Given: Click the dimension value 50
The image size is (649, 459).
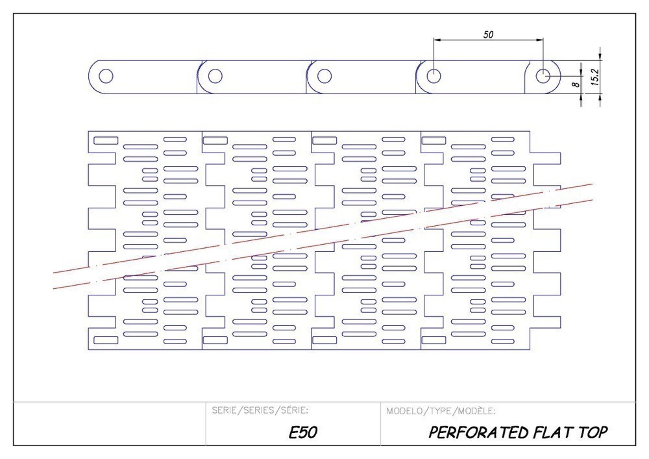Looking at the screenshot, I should [x=488, y=34].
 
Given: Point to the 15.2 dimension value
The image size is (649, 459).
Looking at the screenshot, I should [x=595, y=77].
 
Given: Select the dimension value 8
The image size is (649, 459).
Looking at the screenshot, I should [x=576, y=84].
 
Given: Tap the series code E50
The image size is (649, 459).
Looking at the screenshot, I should [x=303, y=433].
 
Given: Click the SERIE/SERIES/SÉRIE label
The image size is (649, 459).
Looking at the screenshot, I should [x=260, y=410].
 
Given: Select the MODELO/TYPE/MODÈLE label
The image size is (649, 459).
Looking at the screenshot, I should [x=441, y=410].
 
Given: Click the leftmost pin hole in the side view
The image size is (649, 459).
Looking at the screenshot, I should [x=105, y=75].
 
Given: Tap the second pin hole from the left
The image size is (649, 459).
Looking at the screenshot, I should [x=215, y=75].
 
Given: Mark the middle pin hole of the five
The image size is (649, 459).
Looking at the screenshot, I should [x=324, y=75].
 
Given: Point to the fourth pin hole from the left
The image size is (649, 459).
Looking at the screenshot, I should [x=434, y=75].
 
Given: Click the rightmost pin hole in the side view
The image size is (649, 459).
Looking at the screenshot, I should [x=543, y=75].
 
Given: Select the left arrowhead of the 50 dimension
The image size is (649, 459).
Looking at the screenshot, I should [x=437, y=40].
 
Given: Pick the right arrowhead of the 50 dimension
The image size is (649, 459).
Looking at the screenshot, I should [x=540, y=40].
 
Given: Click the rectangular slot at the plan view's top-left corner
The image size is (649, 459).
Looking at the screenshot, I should [x=106, y=140].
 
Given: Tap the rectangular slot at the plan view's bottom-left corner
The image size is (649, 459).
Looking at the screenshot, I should [x=106, y=340].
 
